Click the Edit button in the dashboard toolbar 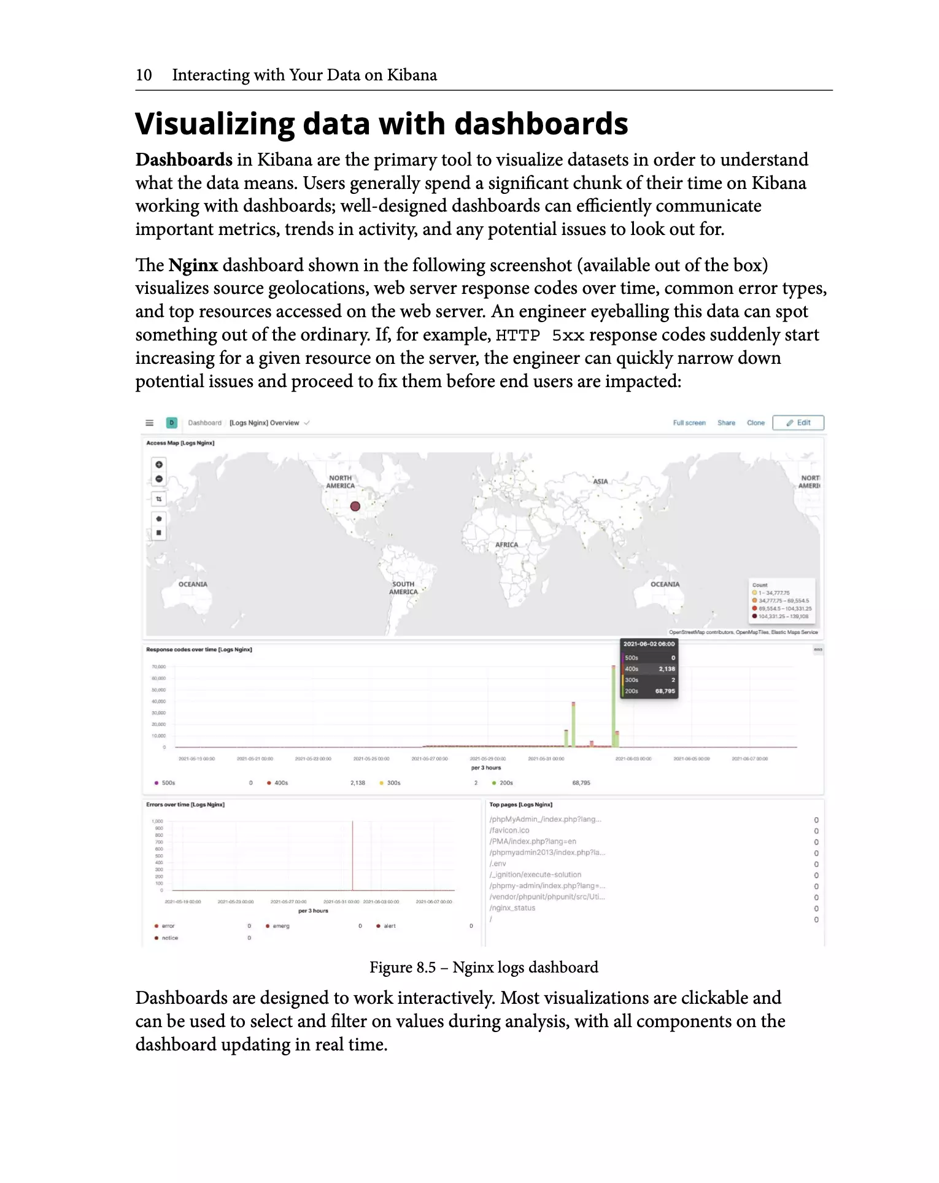point(798,423)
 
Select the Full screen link point(689,423)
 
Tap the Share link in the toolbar point(726,423)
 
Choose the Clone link point(755,423)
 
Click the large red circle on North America point(355,506)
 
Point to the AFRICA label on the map point(506,545)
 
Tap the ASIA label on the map point(600,482)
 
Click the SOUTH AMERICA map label point(403,588)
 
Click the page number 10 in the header point(144,75)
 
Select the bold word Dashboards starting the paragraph point(184,160)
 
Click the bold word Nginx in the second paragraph point(193,265)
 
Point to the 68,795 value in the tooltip point(665,691)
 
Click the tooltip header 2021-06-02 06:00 point(649,644)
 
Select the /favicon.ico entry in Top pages point(509,830)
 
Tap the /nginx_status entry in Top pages point(512,908)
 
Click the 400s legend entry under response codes point(280,783)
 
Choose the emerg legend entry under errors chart point(280,926)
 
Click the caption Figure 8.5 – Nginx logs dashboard point(484,968)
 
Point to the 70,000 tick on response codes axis point(158,666)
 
